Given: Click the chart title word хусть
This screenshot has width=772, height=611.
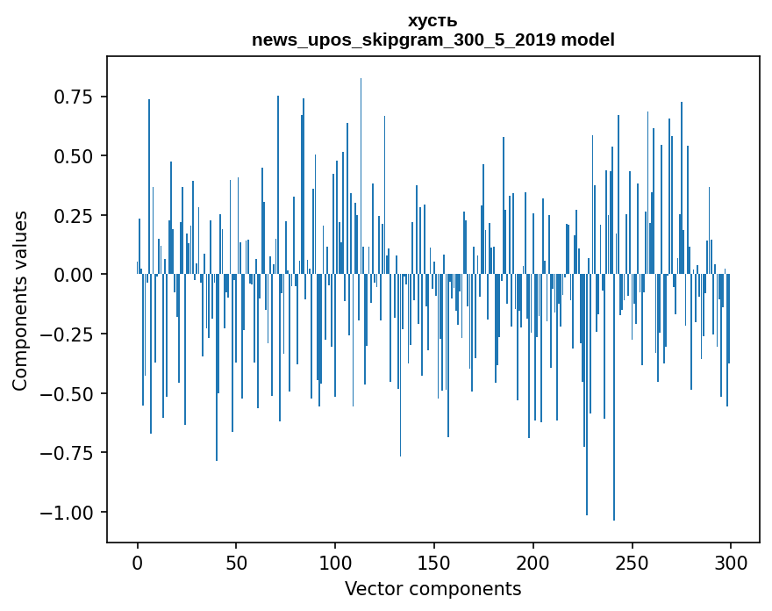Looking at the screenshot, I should click(432, 21).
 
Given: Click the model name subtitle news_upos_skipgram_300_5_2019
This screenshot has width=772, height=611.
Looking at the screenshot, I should click(432, 40).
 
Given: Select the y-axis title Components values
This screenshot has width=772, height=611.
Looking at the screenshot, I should click(20, 300).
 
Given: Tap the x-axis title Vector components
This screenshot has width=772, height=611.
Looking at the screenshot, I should click(432, 588).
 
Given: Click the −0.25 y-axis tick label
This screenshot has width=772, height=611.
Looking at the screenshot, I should click(62, 334).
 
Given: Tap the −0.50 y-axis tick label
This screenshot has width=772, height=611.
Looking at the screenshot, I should click(62, 393).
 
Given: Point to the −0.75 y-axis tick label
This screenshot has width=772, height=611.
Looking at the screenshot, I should click(62, 453).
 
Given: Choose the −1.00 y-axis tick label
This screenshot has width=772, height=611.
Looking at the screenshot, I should click(62, 513).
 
